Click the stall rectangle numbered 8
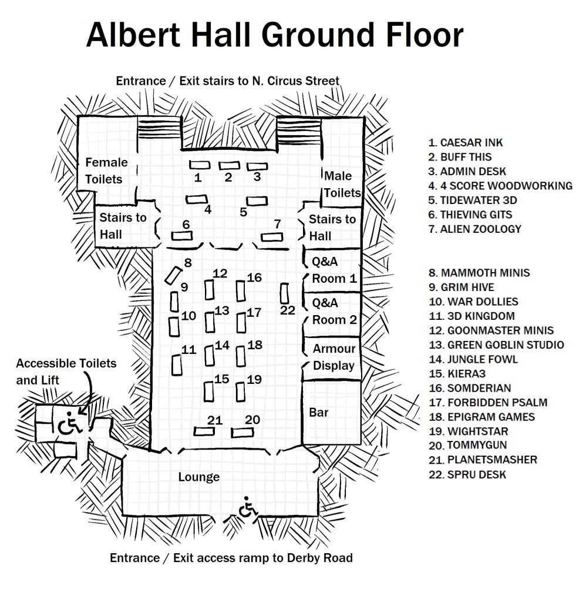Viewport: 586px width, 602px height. pos(173,276)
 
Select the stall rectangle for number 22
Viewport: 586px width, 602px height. pos(285,293)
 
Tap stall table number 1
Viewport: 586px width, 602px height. pos(200,165)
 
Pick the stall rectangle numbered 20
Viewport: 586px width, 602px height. pos(243,433)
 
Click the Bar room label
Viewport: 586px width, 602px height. pos(319,412)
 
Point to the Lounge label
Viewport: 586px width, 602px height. pos(199,477)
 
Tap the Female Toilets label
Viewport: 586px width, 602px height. pos(106,171)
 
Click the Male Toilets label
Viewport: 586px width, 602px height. pos(342,184)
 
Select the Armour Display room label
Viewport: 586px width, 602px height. pos(334,357)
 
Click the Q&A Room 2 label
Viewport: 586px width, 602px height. pos(335,312)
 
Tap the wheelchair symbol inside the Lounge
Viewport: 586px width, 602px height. pos(248,507)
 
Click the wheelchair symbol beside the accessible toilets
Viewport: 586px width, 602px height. pos(70,423)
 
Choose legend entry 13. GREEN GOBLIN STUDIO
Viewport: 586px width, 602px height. pos(496,345)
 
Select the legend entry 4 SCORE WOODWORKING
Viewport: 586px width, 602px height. pos(500,186)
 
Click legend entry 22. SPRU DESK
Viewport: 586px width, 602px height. pos(467,474)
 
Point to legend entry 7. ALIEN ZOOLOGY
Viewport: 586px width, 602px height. pos(475,229)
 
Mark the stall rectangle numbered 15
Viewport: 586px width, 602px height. pos(208,392)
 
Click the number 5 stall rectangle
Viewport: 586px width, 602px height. pos(257,201)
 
